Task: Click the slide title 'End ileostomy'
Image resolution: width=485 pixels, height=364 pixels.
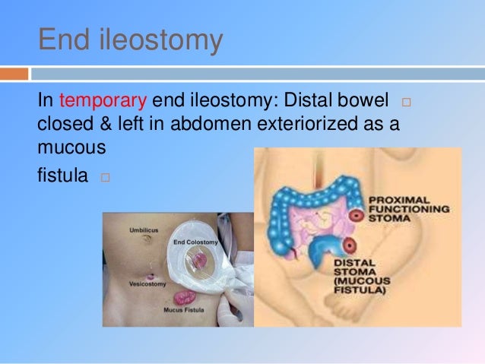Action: pos(130,40)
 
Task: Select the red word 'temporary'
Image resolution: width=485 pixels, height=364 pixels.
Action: pos(103,102)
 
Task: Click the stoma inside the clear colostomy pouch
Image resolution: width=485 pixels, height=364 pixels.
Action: pos(200,261)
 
